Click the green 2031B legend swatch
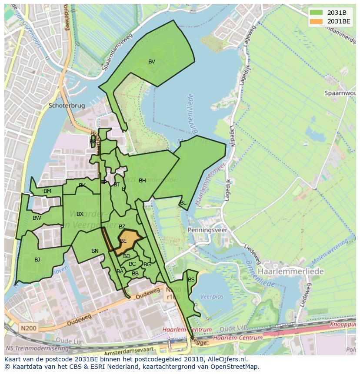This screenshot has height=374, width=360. (x=317, y=13)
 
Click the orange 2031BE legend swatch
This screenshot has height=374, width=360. (x=317, y=21)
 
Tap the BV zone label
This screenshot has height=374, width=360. (x=151, y=62)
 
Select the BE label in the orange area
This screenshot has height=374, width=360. (x=123, y=241)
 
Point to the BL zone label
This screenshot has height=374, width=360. (x=183, y=203)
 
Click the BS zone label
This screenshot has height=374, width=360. (x=191, y=280)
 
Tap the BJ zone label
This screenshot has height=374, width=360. (x=37, y=260)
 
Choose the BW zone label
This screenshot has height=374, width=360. (x=37, y=218)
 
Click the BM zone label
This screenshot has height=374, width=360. (x=47, y=191)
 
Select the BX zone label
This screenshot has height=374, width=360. (x=80, y=214)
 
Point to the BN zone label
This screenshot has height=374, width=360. (x=95, y=251)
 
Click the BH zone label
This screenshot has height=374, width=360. (x=142, y=181)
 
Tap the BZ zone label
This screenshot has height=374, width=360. (x=122, y=227)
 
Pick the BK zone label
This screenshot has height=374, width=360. (x=82, y=185)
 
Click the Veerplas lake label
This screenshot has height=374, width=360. (x=211, y=296)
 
